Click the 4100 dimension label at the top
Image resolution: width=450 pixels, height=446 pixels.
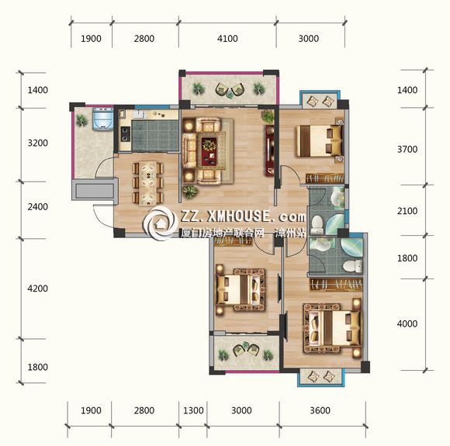227,39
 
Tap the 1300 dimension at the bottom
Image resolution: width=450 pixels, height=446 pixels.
193,410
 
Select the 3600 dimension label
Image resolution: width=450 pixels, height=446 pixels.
320,410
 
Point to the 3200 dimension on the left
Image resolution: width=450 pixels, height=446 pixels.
37,143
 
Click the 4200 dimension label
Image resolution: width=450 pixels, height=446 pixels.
37,288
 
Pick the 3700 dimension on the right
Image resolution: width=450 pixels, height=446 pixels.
407,149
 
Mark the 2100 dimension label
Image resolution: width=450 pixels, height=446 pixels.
407,211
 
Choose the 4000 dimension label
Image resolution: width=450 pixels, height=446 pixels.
407,323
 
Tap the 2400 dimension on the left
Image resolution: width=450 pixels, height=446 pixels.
37,206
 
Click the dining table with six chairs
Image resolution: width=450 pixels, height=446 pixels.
148,183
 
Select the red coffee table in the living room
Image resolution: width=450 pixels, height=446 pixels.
209,151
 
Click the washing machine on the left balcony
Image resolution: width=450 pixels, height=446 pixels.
102,118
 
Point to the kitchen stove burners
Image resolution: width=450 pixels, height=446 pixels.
125,134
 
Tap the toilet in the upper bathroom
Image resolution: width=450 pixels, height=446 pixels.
317,224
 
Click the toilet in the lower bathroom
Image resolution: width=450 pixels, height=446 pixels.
353,266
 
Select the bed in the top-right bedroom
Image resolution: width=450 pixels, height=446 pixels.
320,140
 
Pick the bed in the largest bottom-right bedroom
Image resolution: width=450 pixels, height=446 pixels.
332,328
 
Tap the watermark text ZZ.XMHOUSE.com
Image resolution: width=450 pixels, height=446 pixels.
243,216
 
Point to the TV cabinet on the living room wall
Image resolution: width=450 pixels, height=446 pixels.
269,150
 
